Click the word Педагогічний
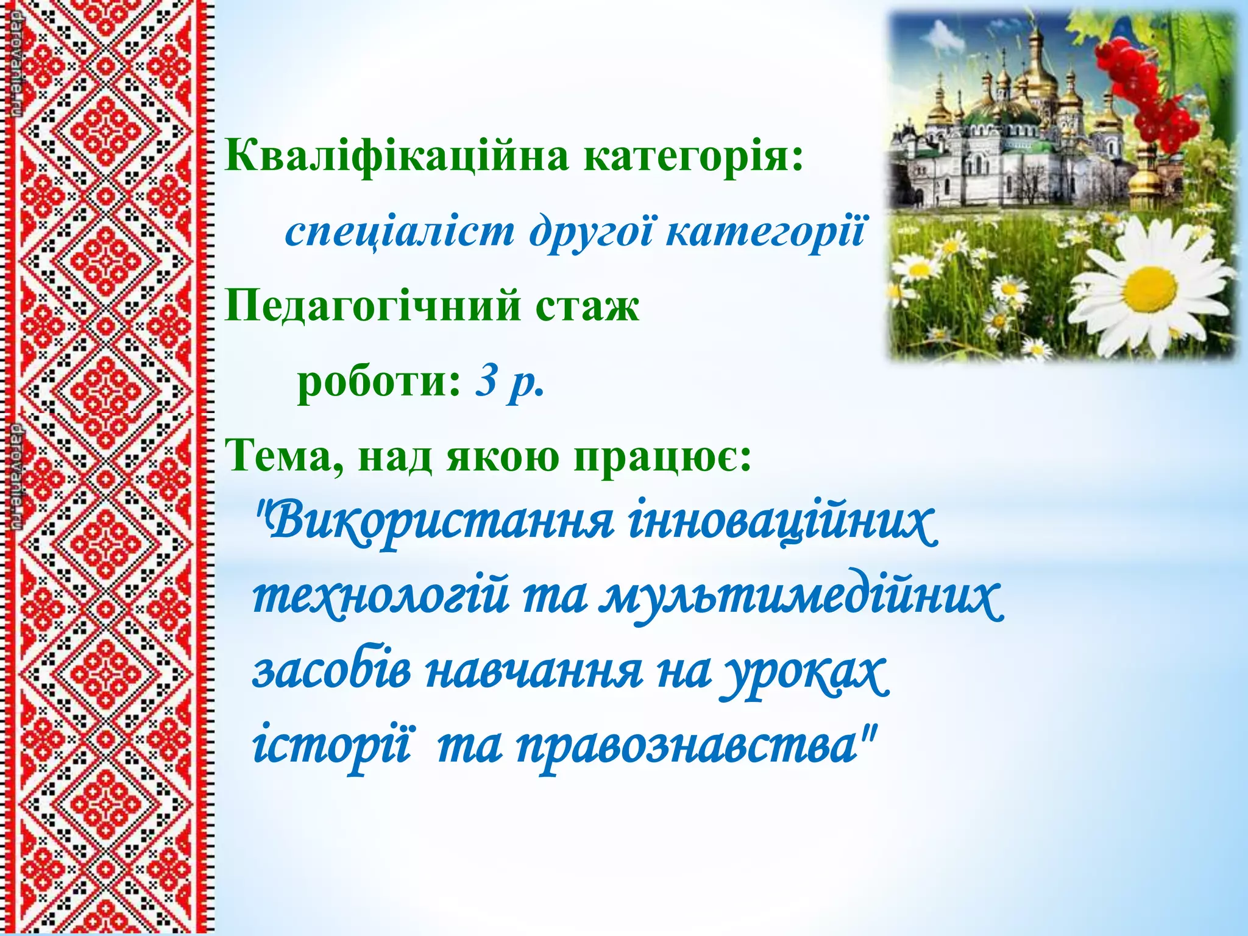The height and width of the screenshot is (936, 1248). tap(373, 307)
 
